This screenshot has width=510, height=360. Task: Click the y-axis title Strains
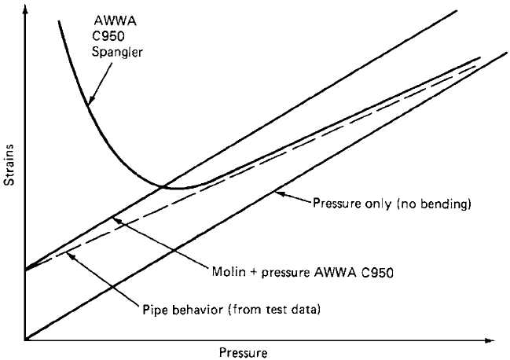tap(9, 165)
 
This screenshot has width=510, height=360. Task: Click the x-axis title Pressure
tap(244, 352)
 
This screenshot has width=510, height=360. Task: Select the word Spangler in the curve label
tap(117, 52)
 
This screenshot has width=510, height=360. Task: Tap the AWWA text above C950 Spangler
tap(116, 20)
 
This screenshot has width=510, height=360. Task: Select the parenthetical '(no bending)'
tap(434, 204)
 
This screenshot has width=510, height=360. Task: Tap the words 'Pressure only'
tap(353, 204)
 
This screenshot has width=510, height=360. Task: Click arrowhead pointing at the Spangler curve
tap(90, 100)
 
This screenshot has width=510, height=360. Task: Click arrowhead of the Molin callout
tap(117, 220)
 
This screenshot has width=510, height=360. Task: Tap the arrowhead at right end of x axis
tap(490, 340)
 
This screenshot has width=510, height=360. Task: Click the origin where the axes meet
tap(25, 340)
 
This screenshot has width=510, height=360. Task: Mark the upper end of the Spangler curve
tap(59, 21)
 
